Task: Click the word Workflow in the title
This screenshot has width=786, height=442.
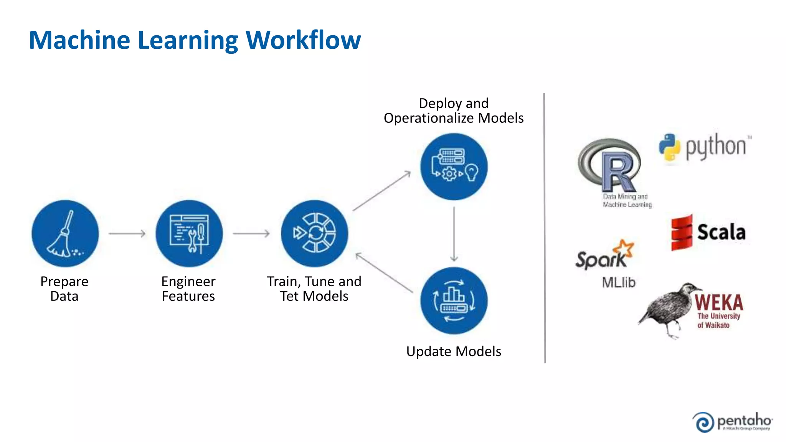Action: click(303, 40)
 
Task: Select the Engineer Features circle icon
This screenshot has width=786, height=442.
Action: click(189, 234)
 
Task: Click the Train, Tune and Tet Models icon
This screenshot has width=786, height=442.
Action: click(314, 234)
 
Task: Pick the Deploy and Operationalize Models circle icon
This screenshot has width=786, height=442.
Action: click(454, 167)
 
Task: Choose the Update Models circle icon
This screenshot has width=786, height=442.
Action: click(454, 301)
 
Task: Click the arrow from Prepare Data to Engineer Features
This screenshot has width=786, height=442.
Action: click(127, 233)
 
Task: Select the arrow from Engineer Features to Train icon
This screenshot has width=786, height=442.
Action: click(251, 233)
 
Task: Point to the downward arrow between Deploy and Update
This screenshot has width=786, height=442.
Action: click(454, 234)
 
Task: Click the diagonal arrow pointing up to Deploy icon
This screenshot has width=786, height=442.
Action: click(382, 191)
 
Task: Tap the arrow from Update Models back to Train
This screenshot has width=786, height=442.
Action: click(384, 273)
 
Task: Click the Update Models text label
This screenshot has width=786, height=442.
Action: click(454, 351)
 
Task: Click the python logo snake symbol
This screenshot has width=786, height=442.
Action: click(670, 147)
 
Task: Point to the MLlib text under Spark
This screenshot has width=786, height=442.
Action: click(618, 283)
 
